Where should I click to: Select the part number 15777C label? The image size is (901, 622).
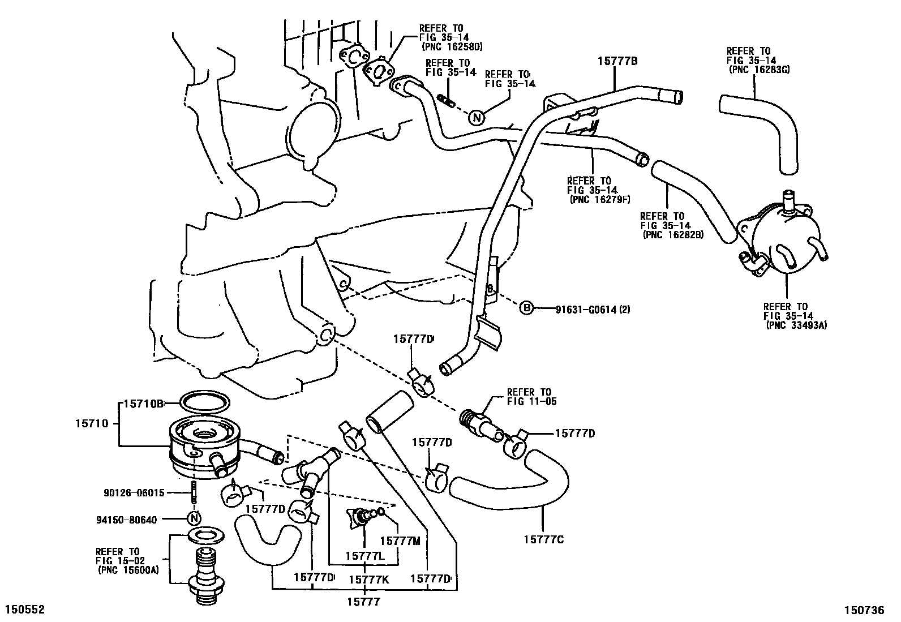543,539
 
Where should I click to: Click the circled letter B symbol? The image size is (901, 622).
526,308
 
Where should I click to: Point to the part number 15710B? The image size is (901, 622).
144,404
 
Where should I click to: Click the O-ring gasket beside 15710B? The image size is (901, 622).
204,402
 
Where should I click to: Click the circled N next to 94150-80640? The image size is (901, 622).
194,518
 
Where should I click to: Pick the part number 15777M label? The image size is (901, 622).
400,541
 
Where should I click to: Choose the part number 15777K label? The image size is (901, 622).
369,579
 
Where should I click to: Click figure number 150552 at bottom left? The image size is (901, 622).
24,610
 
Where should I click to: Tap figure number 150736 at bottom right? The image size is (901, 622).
864,610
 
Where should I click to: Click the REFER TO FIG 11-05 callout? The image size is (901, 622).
529,397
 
